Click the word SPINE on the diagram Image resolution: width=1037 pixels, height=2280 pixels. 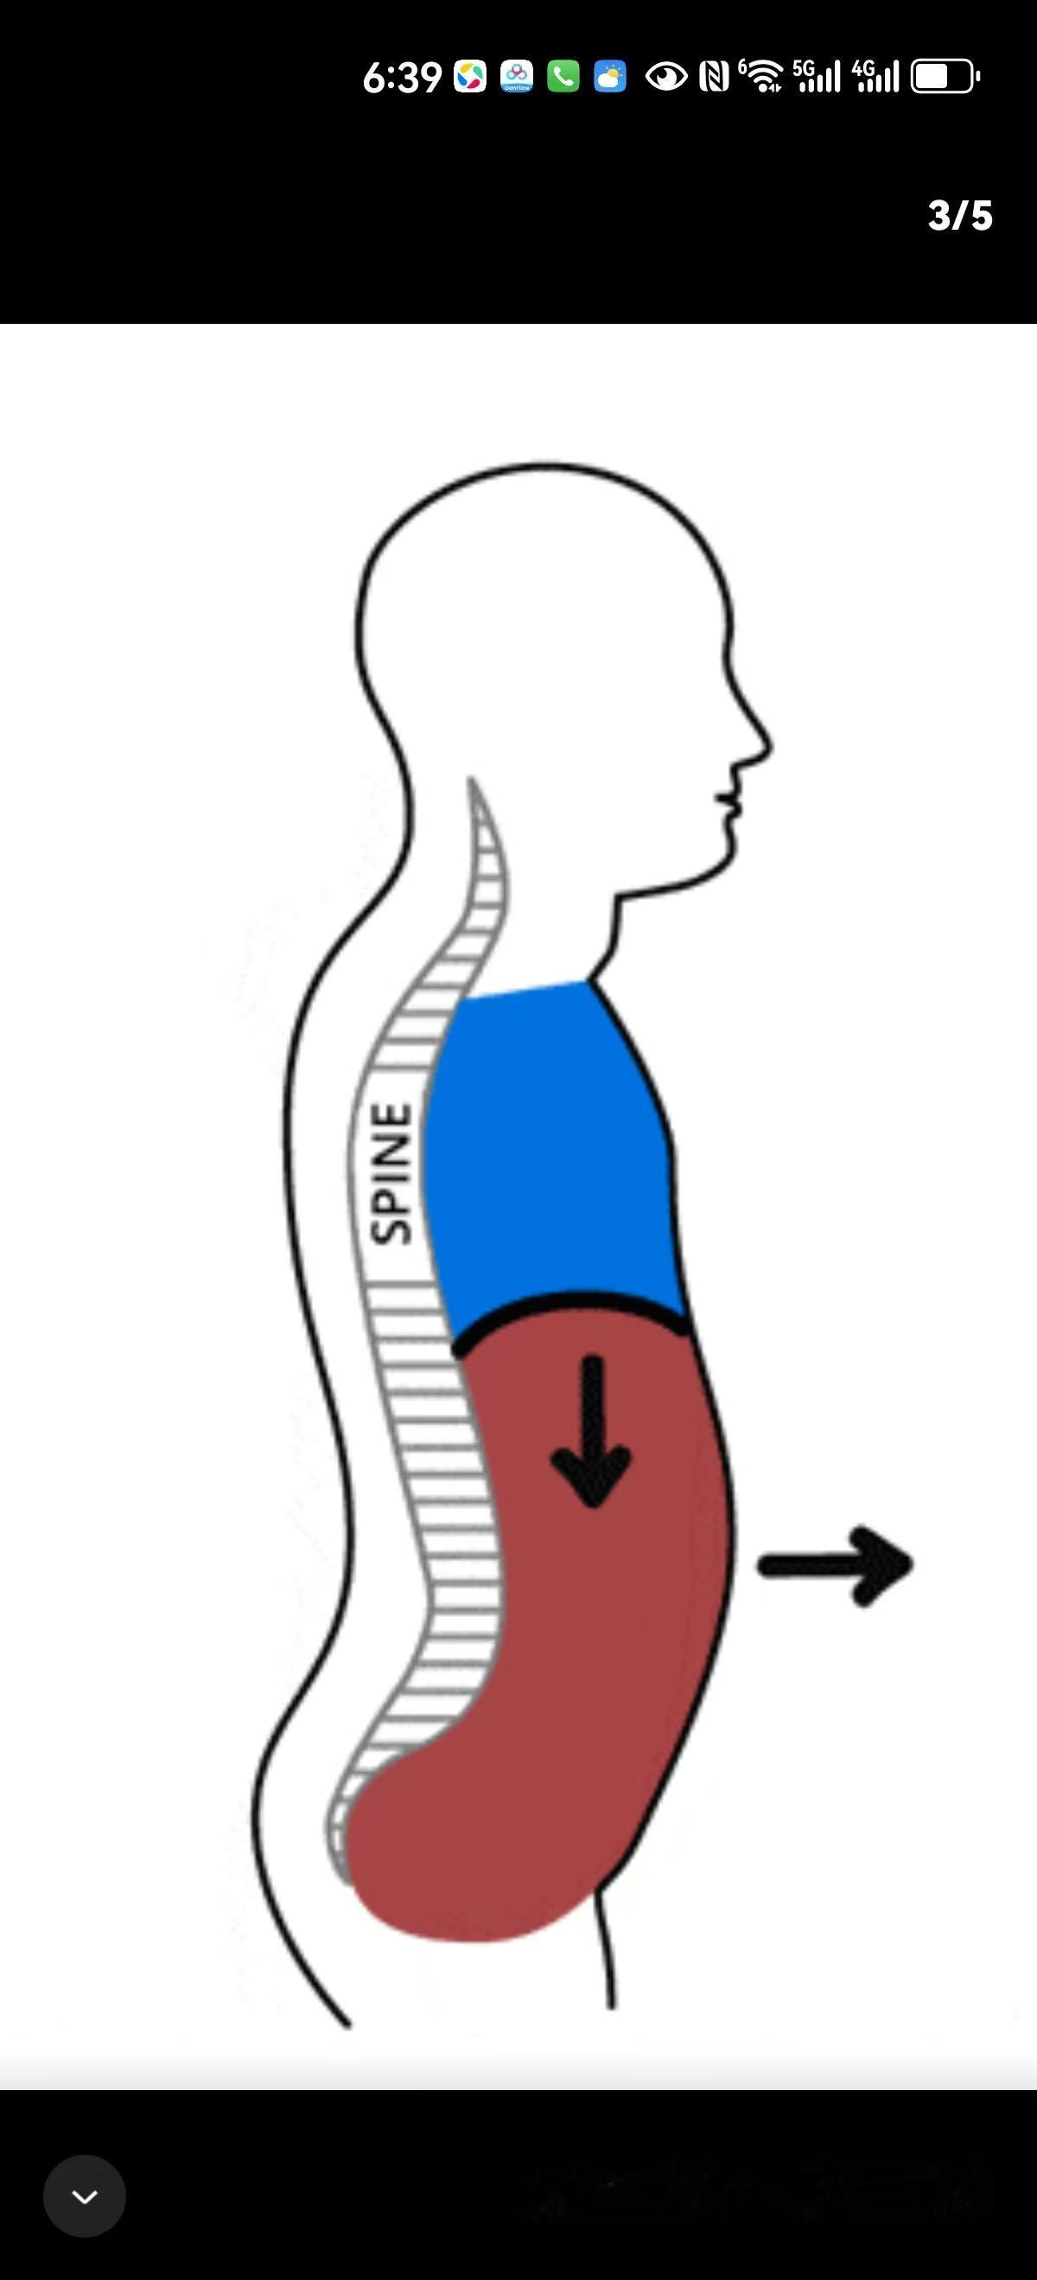[x=391, y=1174]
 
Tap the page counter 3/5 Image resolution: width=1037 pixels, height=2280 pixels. [x=960, y=216]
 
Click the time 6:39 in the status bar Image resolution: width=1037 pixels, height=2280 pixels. [x=402, y=78]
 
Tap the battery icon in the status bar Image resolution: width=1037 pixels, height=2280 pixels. [x=945, y=77]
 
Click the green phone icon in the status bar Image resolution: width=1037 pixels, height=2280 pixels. [x=563, y=77]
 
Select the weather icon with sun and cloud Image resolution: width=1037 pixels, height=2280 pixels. [x=610, y=77]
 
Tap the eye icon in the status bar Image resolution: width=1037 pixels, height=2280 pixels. [x=666, y=77]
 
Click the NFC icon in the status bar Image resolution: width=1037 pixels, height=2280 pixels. [x=714, y=77]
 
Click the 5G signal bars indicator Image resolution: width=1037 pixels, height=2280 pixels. [x=817, y=77]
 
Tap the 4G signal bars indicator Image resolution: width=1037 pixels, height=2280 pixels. [x=875, y=77]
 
